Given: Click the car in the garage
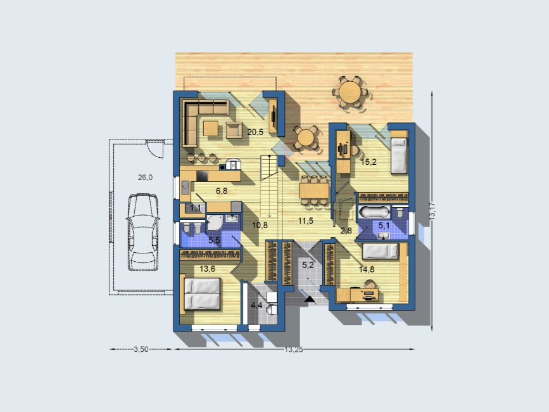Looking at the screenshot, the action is pos(143,232).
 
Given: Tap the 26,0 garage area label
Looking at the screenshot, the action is pos(145,177).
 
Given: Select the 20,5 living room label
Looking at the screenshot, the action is pos(255,132).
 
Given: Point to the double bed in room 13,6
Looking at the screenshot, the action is pos(203,293).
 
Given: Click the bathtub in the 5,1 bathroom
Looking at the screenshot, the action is pos(374,212).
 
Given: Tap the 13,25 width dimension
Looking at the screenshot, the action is pos(293,349).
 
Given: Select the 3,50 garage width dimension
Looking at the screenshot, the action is pos(141,349).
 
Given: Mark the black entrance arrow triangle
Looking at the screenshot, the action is pos(309,299).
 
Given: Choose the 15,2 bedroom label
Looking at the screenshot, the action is pos(369,162).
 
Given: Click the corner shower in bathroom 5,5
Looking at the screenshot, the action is pos(215,223).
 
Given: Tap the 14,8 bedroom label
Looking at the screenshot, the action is pos(367,269).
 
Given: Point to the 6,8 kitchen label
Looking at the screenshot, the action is pos(221,191).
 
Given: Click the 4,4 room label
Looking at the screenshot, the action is pos(256,305).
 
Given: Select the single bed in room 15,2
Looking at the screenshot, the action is pos(399,155).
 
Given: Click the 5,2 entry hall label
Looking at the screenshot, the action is pos(308,265).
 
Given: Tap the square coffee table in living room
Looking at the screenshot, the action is pos(211,129).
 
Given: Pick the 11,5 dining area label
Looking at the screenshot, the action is pos(305,221).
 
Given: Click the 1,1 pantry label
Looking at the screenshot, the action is pos(196,208).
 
